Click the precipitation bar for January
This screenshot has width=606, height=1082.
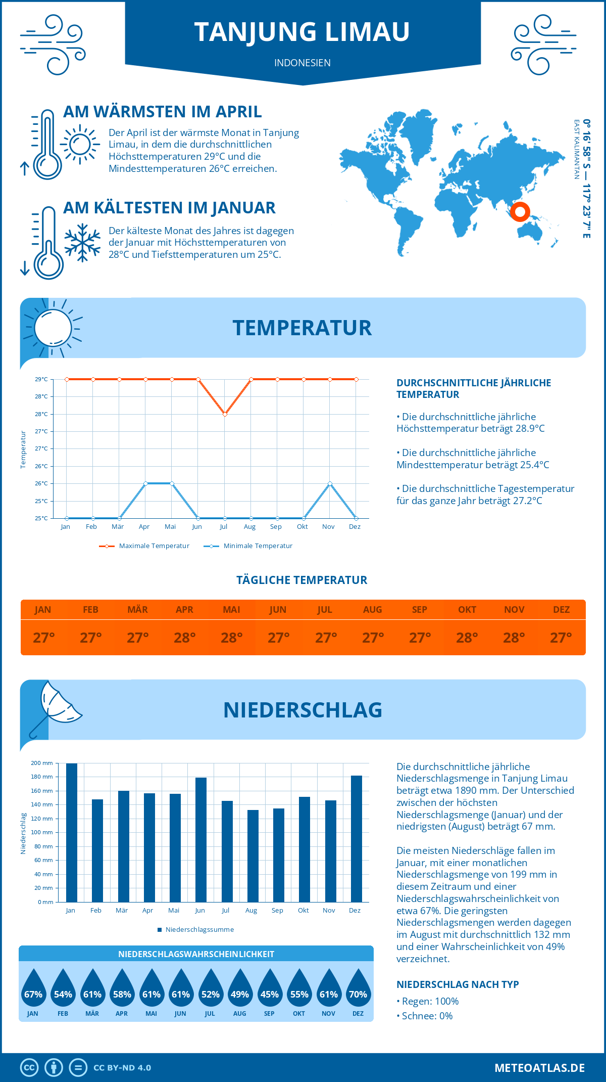pyautogui.click(x=72, y=832)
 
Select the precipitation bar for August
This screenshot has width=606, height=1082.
pyautogui.click(x=253, y=855)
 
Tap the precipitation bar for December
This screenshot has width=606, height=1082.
pyautogui.click(x=357, y=838)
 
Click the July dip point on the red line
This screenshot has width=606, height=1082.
pyautogui.click(x=225, y=414)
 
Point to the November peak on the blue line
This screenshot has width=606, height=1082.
pyautogui.click(x=330, y=484)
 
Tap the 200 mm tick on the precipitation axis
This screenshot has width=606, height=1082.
pyautogui.click(x=42, y=763)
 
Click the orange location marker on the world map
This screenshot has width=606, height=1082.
pyautogui.click(x=519, y=211)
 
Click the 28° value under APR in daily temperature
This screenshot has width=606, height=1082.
pyautogui.click(x=184, y=638)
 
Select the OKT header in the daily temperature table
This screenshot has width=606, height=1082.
pyautogui.click(x=467, y=610)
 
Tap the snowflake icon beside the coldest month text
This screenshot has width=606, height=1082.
pyautogui.click(x=82, y=243)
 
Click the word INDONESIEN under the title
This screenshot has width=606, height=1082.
pyautogui.click(x=302, y=63)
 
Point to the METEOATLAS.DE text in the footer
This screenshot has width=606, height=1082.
pyautogui.click(x=539, y=1068)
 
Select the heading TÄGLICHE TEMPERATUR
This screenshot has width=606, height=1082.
pyautogui.click(x=302, y=580)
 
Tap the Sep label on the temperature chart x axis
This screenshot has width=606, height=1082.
pyautogui.click(x=276, y=527)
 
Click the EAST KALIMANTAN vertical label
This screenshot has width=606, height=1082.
pyautogui.click(x=576, y=149)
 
